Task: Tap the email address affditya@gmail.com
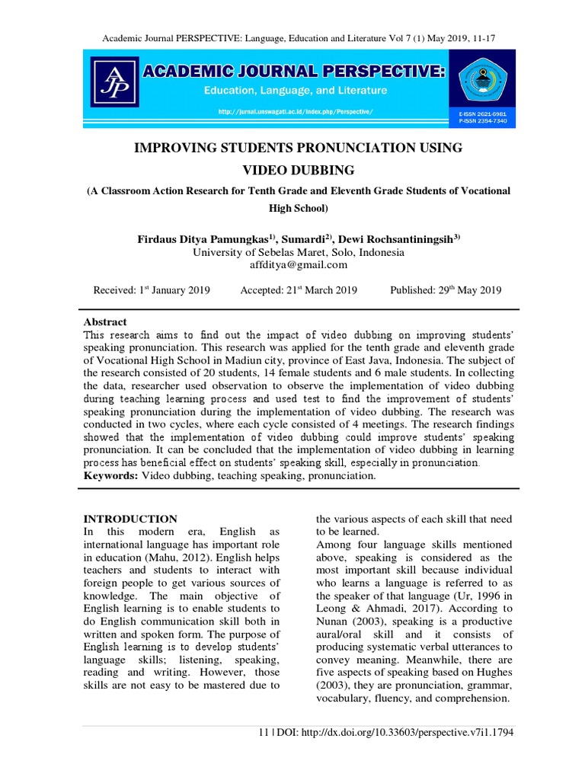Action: [x=298, y=265]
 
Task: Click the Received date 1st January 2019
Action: [x=152, y=290]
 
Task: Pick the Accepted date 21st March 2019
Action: [x=299, y=290]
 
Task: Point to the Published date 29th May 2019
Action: [x=445, y=290]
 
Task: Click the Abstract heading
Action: [x=104, y=322]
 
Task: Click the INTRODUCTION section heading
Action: [x=129, y=519]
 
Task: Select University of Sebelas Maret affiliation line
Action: [x=298, y=252]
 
